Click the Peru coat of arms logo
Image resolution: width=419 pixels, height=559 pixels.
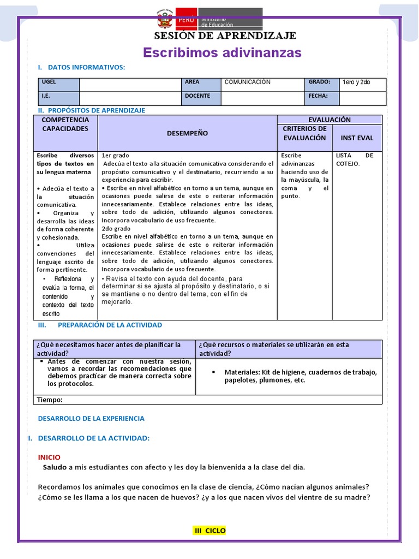point(164,20)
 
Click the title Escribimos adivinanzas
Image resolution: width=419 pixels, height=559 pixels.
point(222,52)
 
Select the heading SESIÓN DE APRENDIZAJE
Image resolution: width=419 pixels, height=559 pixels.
point(225,36)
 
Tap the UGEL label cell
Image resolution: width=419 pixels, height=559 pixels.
point(58,84)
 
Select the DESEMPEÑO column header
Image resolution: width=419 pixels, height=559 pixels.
point(187,133)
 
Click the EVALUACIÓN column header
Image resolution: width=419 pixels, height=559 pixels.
point(330,120)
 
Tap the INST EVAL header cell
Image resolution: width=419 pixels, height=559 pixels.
point(357,138)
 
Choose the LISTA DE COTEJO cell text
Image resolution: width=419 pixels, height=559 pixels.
point(355,159)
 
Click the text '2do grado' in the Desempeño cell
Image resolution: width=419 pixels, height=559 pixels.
point(116,229)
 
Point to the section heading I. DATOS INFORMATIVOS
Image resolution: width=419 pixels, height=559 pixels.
point(81,67)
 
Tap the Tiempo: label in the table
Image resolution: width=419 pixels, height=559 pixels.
point(50,400)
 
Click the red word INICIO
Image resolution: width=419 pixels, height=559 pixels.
point(49,457)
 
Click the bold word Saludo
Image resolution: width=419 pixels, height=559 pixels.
point(55,467)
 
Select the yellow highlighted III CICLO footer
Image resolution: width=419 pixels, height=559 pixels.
point(210,531)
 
